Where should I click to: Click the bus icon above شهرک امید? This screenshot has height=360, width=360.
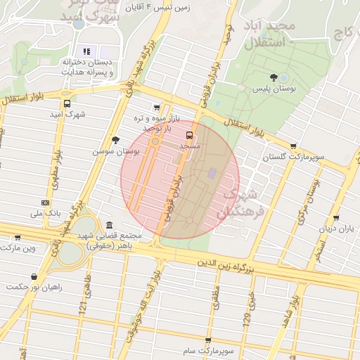tap(66, 103)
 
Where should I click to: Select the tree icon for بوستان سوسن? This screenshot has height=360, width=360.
tap(115, 141)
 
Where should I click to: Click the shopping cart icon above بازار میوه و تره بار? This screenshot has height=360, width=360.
tap(156, 108)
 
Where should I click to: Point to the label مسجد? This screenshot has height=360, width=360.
tap(190, 145)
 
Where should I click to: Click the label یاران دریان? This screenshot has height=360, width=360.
tap(336, 229)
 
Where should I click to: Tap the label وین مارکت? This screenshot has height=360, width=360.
tap(19, 248)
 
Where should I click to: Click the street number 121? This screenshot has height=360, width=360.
tap(82, 305)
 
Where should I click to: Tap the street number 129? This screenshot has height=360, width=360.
tap(247, 319)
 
